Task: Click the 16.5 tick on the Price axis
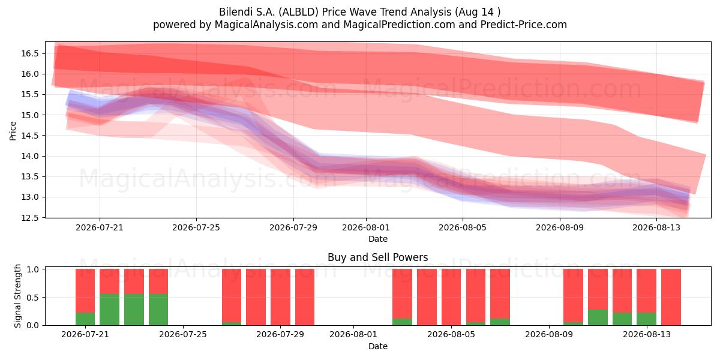(x=30, y=53)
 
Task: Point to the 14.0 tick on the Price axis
(x=30, y=156)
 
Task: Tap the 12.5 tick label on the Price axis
(x=30, y=218)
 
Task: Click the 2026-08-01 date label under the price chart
(x=366, y=227)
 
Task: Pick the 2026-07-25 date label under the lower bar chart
(x=183, y=335)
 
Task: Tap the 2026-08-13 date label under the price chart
(x=656, y=227)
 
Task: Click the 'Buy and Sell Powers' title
(x=377, y=257)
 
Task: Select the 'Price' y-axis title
(x=13, y=131)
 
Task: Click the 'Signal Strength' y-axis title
(x=17, y=296)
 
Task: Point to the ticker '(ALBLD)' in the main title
(x=299, y=12)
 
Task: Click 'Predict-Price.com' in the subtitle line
(x=524, y=25)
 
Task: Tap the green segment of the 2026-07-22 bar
(x=110, y=310)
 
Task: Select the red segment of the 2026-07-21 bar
(x=85, y=291)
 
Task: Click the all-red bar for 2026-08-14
(x=671, y=297)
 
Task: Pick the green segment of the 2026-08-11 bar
(x=598, y=317)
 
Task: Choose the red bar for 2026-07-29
(x=280, y=297)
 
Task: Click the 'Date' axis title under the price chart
(x=378, y=239)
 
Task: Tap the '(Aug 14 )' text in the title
(x=478, y=12)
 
